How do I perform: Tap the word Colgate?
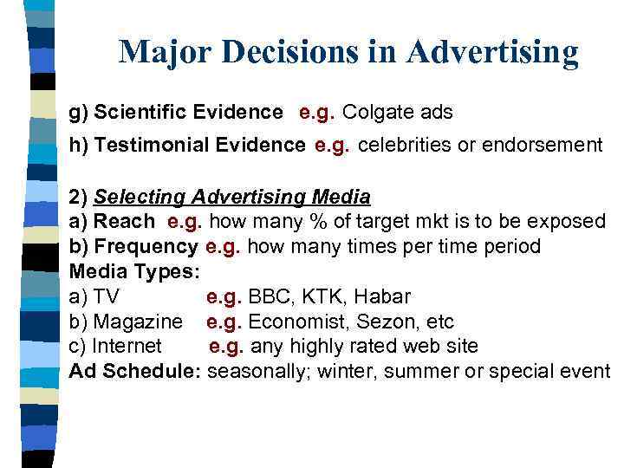(x=376, y=113)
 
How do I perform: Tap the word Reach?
(x=125, y=222)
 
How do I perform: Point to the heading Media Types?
(x=134, y=272)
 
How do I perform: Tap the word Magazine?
(x=138, y=322)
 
